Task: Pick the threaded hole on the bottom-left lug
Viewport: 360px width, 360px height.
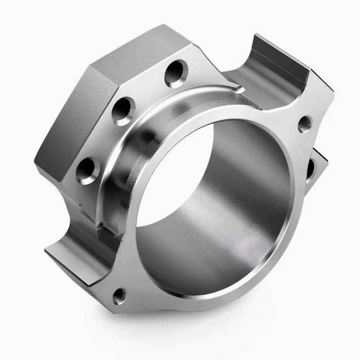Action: pos(120,295)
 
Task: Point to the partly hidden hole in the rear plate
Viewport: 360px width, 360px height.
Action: pos(311,167)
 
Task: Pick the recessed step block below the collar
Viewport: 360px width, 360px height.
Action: pos(101,227)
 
